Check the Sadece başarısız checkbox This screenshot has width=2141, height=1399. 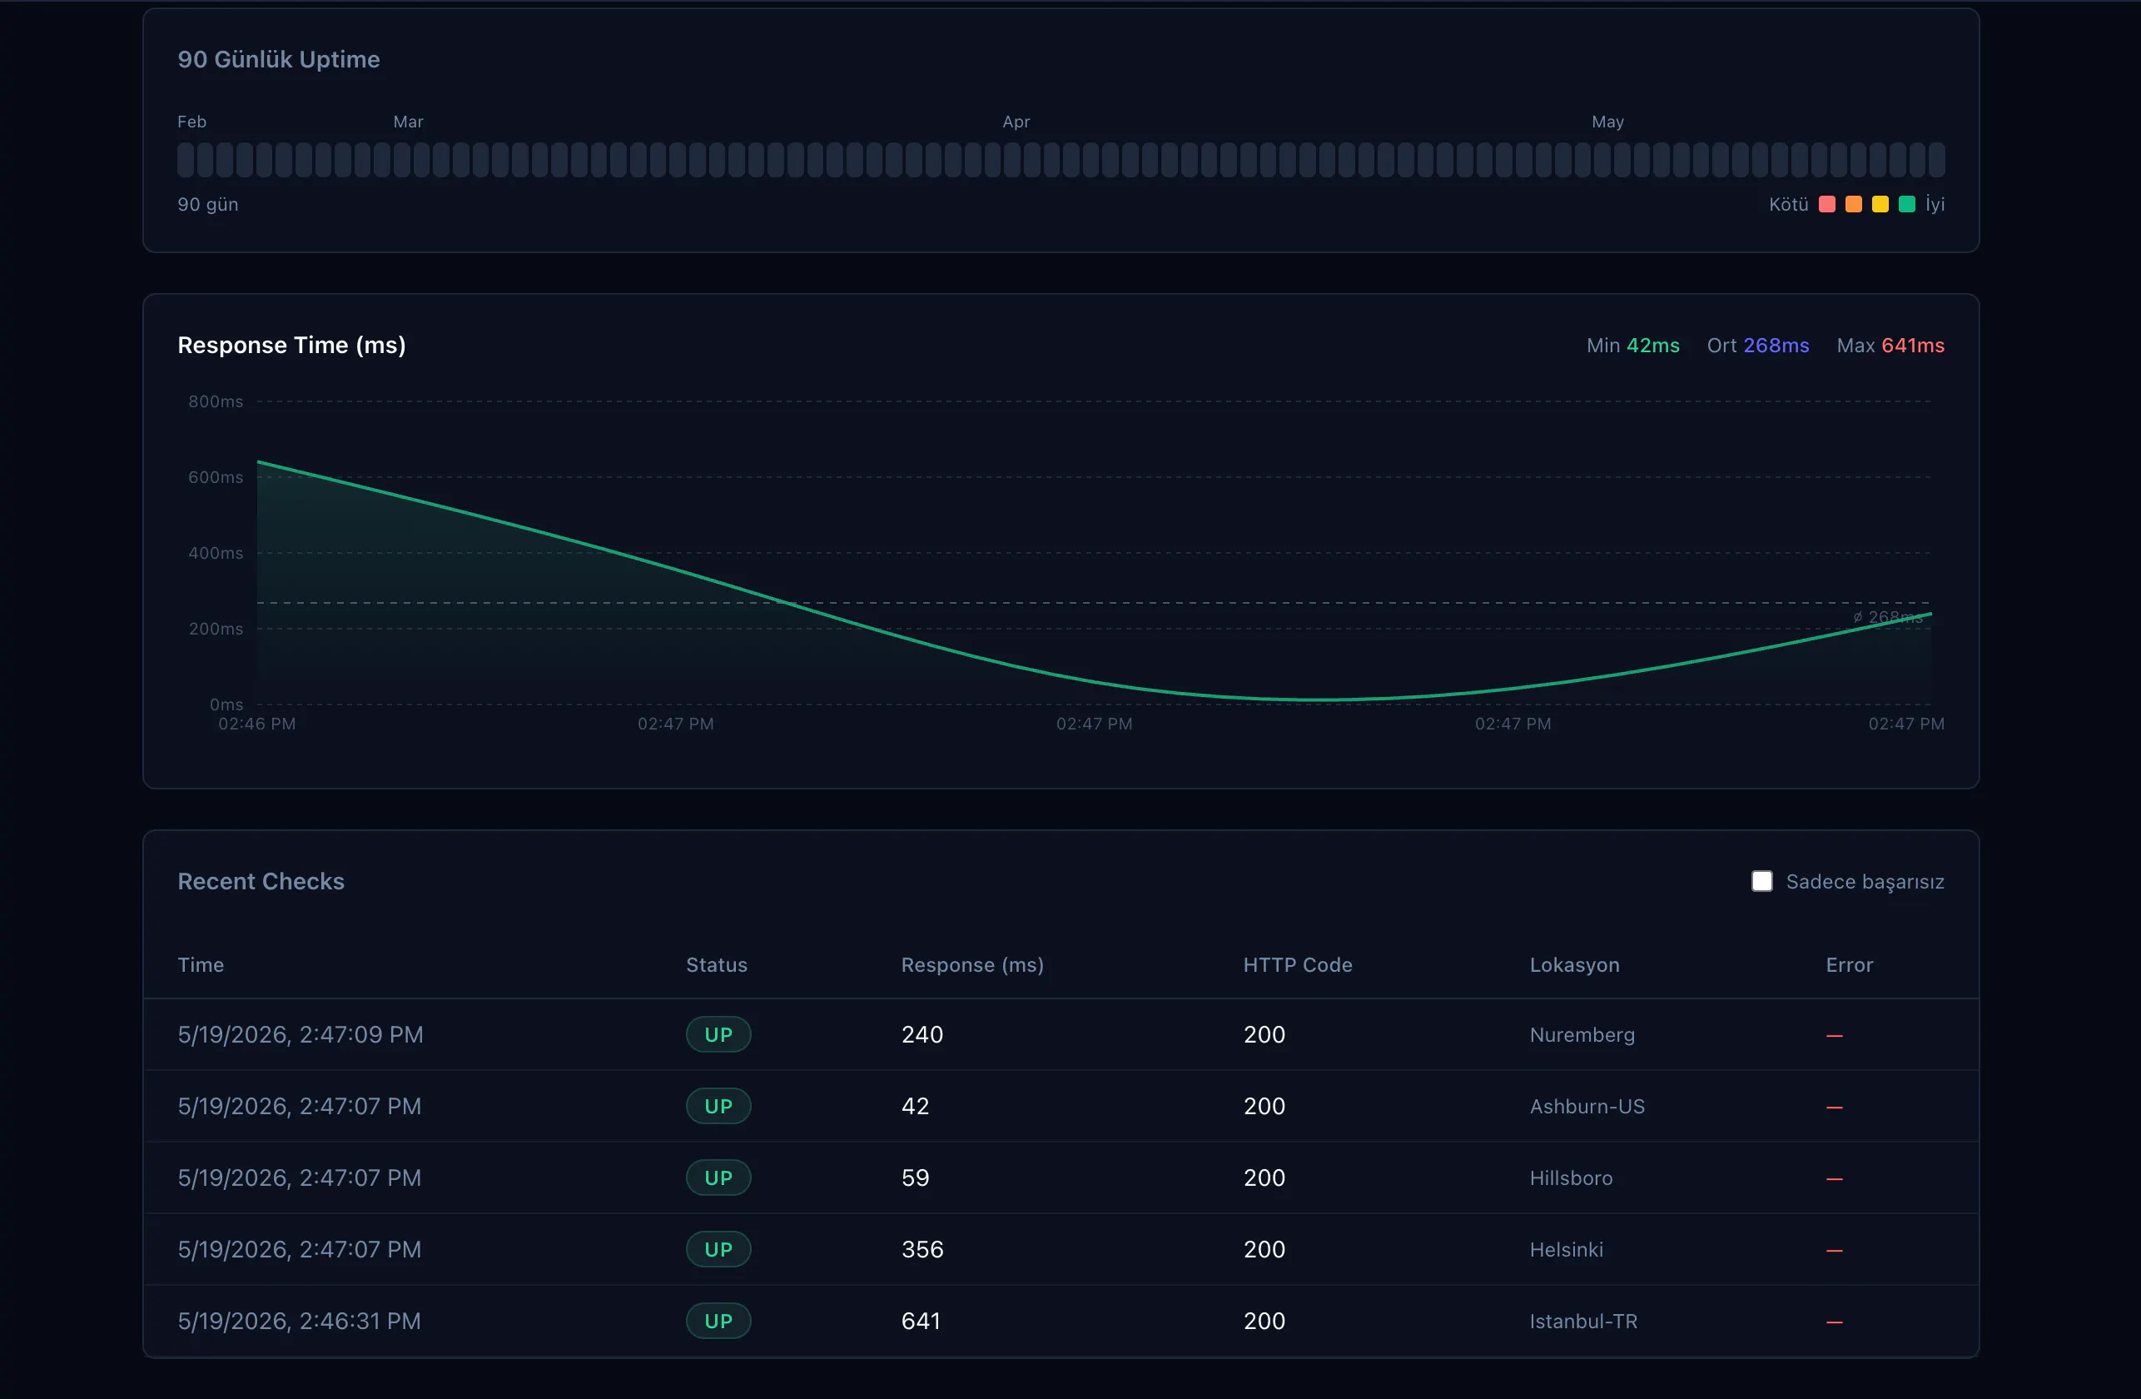(1761, 881)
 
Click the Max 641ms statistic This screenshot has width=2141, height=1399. (1890, 346)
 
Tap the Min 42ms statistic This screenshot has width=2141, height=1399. (1632, 346)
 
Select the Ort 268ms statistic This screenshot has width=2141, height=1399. (1758, 346)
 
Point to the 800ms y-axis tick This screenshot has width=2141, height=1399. (216, 401)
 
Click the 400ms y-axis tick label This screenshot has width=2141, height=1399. (216, 552)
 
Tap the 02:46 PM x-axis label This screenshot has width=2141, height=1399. (256, 724)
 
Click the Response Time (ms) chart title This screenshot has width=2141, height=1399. (291, 346)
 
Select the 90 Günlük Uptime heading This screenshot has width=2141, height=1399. (279, 59)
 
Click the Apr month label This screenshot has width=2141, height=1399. (1016, 122)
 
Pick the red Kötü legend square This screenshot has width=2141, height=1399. (1827, 204)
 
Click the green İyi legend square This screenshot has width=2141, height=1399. (1906, 204)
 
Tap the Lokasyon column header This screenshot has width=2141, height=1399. (1574, 964)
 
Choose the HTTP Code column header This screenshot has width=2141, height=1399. (1297, 964)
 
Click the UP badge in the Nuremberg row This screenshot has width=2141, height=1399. (718, 1034)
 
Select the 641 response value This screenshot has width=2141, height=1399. (921, 1321)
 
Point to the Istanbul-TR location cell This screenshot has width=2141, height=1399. (1583, 1321)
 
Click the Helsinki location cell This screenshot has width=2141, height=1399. (1566, 1250)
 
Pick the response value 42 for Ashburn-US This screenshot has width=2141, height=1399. (915, 1106)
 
